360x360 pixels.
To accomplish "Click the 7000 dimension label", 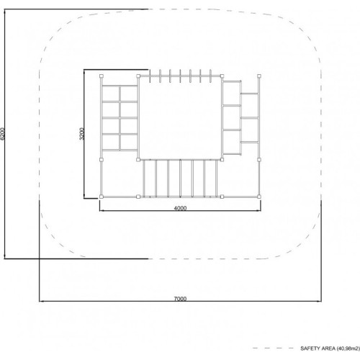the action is pyautogui.click(x=180, y=299).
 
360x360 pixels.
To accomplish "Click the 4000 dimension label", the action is pyautogui.click(x=180, y=208).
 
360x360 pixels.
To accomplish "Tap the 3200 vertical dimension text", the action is pyautogui.click(x=82, y=134).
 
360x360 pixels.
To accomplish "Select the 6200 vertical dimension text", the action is pyautogui.click(x=2, y=134).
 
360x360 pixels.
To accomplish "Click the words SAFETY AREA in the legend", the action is pyautogui.click(x=318, y=348).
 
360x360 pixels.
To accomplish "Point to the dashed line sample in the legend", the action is pyautogui.click(x=273, y=348).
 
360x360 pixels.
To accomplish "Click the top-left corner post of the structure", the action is pyautogui.click(x=102, y=76).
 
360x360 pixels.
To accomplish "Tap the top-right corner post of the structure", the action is pyautogui.click(x=259, y=76).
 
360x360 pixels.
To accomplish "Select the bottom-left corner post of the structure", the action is pyautogui.click(x=102, y=197).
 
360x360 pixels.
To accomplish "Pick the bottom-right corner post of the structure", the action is pyautogui.click(x=259, y=197).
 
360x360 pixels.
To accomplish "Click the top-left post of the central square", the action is pyautogui.click(x=138, y=76).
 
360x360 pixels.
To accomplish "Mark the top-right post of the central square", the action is pyautogui.click(x=222, y=76).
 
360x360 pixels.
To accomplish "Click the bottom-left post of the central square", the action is pyautogui.click(x=138, y=160).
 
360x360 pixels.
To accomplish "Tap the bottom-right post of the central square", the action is pyautogui.click(x=222, y=160).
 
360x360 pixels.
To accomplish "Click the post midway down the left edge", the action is pyautogui.click(x=102, y=160).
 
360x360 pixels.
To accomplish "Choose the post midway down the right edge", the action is pyautogui.click(x=259, y=160).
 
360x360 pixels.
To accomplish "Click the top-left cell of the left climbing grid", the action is pyautogui.click(x=111, y=94).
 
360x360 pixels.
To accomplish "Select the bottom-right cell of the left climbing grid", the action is pyautogui.click(x=129, y=143).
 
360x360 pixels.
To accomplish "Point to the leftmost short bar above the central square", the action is pyautogui.click(x=150, y=76).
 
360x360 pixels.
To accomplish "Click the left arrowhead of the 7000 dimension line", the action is pyautogui.click(x=41, y=301).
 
